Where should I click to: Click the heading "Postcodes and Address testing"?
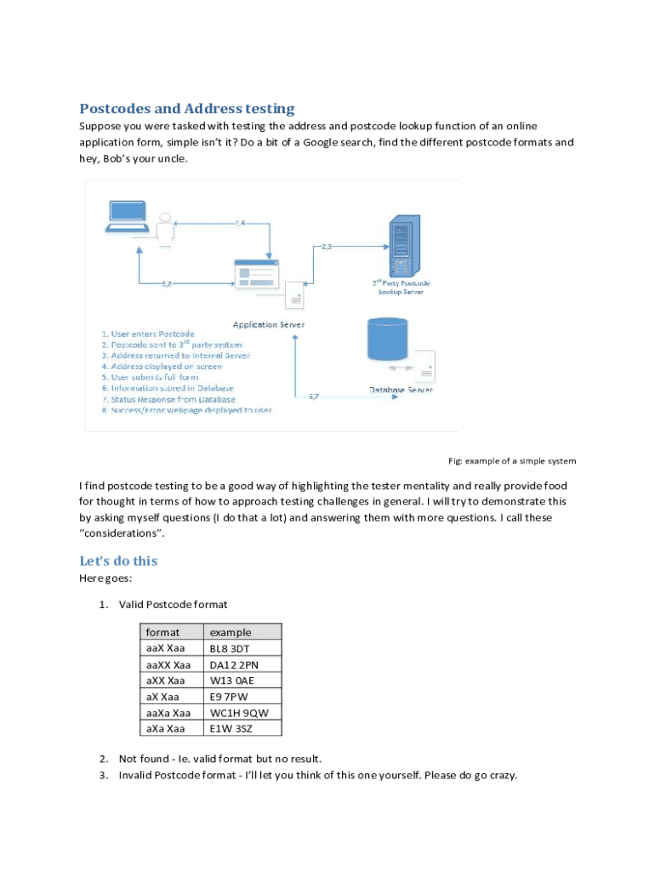tap(186, 108)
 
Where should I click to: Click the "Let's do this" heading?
tap(118, 561)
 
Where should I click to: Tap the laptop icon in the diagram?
tap(128, 217)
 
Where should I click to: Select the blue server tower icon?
tap(404, 246)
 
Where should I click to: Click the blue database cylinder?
tap(387, 339)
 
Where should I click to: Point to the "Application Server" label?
tap(269, 324)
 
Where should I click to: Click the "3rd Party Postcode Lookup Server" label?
tap(402, 287)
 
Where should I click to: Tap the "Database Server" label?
tap(402, 390)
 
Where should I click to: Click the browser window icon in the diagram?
tap(256, 274)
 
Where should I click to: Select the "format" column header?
tap(162, 632)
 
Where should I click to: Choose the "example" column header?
tap(231, 632)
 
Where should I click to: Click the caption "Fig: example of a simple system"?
tap(512, 461)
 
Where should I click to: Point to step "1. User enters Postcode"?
tap(148, 333)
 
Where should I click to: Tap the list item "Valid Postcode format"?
tap(173, 605)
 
